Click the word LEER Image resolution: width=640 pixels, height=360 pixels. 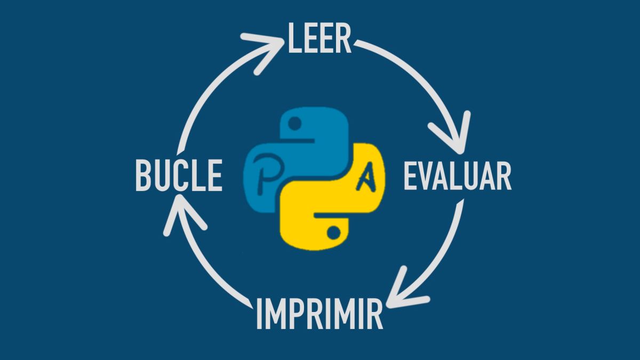click(319, 38)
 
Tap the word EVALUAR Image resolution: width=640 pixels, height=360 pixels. click(457, 177)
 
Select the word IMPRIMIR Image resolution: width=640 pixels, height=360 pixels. click(319, 315)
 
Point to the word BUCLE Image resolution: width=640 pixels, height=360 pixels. click(178, 177)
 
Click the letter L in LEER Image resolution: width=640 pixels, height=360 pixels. click(295, 38)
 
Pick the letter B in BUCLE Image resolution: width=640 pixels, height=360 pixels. click(143, 177)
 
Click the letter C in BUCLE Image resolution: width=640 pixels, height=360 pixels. click(180, 177)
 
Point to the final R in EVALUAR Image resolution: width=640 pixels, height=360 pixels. click(503, 177)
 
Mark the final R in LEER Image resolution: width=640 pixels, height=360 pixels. click(344, 38)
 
